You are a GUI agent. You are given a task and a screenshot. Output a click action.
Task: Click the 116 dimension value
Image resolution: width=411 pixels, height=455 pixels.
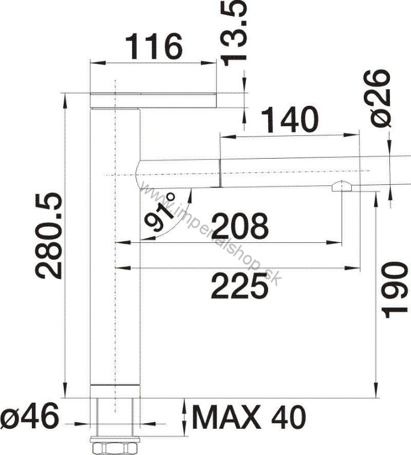(154, 47)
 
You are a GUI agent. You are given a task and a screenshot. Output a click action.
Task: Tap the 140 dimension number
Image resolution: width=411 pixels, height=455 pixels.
(290, 119)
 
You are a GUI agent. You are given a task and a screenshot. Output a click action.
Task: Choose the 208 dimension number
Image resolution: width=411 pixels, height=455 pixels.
(240, 225)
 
